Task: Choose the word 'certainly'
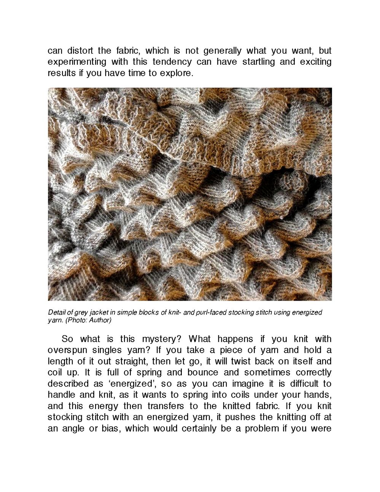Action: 201,428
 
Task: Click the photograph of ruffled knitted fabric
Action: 190,194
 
